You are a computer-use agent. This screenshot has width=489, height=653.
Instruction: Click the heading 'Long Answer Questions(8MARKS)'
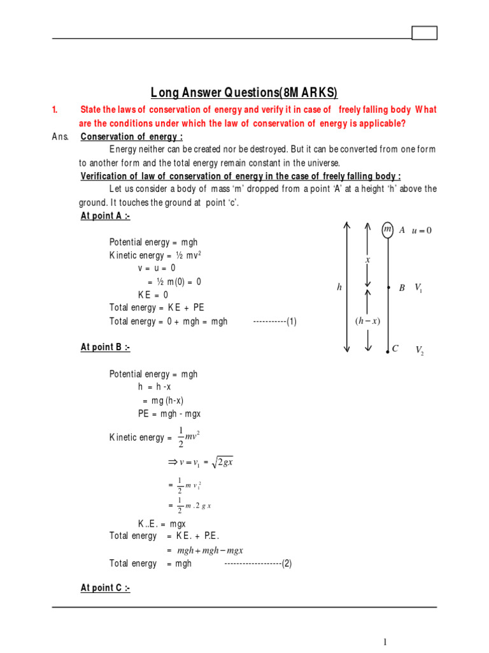click(x=244, y=92)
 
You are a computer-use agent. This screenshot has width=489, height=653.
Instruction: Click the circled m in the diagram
click(x=387, y=230)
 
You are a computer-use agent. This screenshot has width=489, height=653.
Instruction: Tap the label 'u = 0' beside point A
click(x=422, y=230)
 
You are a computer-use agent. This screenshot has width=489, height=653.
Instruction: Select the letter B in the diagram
click(x=402, y=288)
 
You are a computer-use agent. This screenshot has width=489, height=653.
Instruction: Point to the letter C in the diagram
click(x=395, y=349)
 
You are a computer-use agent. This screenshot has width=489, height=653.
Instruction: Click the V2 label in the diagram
click(x=420, y=350)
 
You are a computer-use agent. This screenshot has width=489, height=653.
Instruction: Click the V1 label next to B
click(x=418, y=288)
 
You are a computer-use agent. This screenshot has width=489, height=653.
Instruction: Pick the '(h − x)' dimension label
click(x=367, y=321)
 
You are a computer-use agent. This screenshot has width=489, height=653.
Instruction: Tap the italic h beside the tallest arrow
click(x=339, y=288)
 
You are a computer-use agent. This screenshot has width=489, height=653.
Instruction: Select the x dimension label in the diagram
click(x=367, y=260)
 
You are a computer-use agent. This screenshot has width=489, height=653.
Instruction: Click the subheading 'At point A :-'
click(x=105, y=216)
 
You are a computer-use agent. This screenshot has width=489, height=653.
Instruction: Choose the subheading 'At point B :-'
click(x=105, y=348)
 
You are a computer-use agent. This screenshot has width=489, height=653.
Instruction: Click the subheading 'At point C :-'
click(x=105, y=588)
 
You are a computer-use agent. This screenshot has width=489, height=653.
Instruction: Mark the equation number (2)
click(x=287, y=564)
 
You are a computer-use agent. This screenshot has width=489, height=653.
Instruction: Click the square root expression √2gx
click(x=224, y=462)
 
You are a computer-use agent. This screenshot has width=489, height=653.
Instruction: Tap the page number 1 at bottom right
click(x=385, y=642)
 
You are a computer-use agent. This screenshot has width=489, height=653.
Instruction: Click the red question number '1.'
click(x=55, y=110)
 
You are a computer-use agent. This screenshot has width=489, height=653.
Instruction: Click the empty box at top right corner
click(x=425, y=33)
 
